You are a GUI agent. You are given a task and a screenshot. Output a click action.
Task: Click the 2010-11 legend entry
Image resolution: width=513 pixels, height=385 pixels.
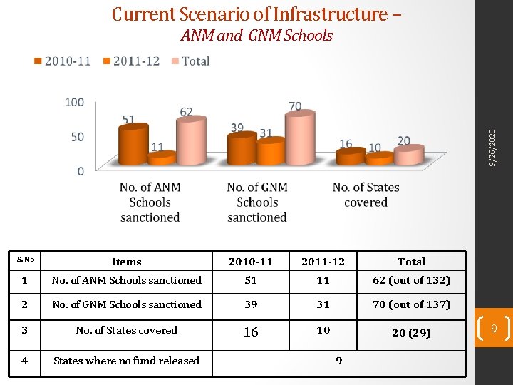coord(63,61)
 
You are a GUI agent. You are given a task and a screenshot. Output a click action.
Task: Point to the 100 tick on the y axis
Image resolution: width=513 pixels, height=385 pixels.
coord(74,103)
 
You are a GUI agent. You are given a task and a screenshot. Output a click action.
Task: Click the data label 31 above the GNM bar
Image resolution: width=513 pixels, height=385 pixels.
coord(266,133)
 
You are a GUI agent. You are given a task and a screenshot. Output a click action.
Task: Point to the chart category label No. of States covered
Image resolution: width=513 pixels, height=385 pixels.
coord(366,195)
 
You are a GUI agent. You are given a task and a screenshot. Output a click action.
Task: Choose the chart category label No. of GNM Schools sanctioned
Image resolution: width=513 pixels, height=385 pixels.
coord(257,202)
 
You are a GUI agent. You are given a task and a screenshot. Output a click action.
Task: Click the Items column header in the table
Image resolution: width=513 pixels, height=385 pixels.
coord(127,262)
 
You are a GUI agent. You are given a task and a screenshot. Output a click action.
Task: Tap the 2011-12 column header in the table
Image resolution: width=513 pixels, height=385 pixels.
coord(323,262)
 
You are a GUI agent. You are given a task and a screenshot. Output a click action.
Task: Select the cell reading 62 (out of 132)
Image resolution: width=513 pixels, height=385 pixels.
coord(412,280)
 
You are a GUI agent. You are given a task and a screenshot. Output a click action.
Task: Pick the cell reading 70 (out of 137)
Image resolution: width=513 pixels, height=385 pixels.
coord(412,304)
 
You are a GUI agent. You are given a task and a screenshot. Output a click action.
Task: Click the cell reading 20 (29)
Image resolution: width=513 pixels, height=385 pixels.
coord(412,332)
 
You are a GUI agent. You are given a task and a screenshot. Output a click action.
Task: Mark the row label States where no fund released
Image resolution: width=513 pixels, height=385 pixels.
coord(126,361)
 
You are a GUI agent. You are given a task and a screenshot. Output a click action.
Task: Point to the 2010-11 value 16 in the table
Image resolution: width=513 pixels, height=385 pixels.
coord(251,332)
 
